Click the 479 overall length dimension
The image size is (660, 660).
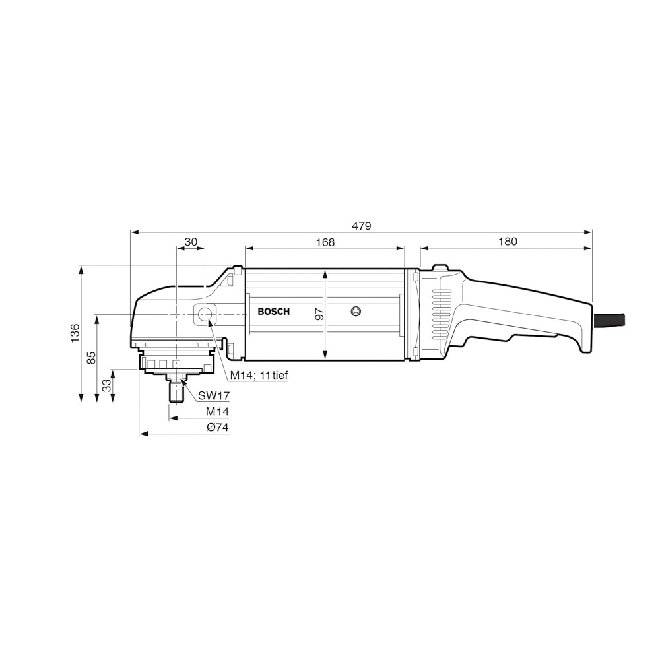pyautogui.click(x=362, y=226)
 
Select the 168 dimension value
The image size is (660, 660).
pyautogui.click(x=325, y=242)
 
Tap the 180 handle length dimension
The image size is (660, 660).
pyautogui.click(x=508, y=241)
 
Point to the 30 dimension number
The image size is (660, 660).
pyautogui.click(x=191, y=242)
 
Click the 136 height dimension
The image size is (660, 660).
pyautogui.click(x=75, y=333)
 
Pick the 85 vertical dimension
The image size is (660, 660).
pyautogui.click(x=91, y=358)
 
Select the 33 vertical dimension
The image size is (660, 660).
pyautogui.click(x=108, y=385)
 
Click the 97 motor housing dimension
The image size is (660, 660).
pyautogui.click(x=320, y=314)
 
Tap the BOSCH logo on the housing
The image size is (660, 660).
pyautogui.click(x=274, y=312)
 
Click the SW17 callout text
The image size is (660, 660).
pyautogui.click(x=214, y=395)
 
